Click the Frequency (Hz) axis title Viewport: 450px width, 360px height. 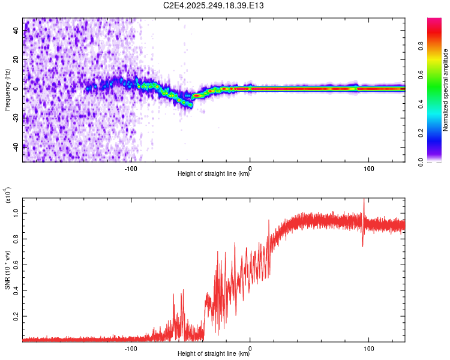(7, 89)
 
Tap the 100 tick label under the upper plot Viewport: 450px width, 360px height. (369, 167)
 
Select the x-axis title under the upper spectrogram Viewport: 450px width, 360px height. (214, 174)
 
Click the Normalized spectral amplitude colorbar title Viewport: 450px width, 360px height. (445, 89)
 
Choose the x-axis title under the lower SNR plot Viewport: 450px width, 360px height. (214, 354)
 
